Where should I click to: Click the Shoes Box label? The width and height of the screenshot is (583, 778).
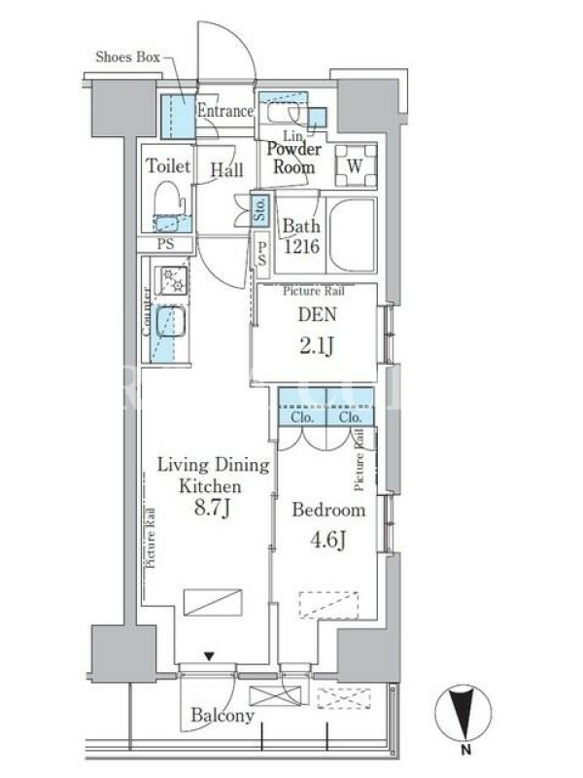pos(127,57)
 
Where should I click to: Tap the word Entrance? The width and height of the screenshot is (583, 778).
pos(225,111)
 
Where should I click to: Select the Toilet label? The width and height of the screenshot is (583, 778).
pos(168,165)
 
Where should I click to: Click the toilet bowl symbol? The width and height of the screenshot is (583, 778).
pos(168,198)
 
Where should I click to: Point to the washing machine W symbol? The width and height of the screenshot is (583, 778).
pos(356,165)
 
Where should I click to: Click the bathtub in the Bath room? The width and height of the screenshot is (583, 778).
pos(352,235)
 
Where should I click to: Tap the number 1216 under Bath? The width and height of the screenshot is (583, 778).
pos(301,246)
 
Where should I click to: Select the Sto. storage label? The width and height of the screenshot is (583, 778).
pos(259,209)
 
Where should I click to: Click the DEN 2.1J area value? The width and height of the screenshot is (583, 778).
pos(317,345)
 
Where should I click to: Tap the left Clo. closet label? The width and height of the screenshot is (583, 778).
pos(302,418)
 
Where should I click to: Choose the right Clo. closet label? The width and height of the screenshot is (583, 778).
pos(350,418)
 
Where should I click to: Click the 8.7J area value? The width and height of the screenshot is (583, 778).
pos(212,508)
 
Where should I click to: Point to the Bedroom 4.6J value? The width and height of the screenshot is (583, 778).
pos(327,540)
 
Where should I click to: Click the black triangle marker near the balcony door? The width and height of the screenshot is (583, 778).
pos(209,656)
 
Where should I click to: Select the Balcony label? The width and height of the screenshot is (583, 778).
pos(223,715)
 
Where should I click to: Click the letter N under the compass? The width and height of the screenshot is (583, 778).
pos(465,750)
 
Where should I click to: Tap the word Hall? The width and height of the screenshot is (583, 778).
pos(226,170)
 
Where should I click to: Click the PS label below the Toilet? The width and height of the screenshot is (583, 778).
pos(165,244)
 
